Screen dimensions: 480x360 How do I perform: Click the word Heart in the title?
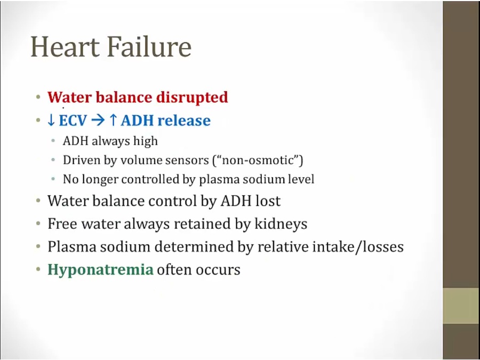point(65,46)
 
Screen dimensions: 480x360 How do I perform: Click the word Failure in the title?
point(149,46)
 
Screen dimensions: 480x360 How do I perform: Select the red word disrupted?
point(192,98)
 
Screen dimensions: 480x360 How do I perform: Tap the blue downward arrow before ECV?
point(51,121)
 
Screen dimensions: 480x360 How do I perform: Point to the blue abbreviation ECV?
point(73,121)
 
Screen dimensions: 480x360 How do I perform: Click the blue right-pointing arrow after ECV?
point(98,121)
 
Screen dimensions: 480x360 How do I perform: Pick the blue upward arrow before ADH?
point(113,121)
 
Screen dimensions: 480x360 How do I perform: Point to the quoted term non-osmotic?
point(258,160)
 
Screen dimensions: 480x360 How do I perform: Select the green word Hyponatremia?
point(100,270)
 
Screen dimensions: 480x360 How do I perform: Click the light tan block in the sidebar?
point(461,305)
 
